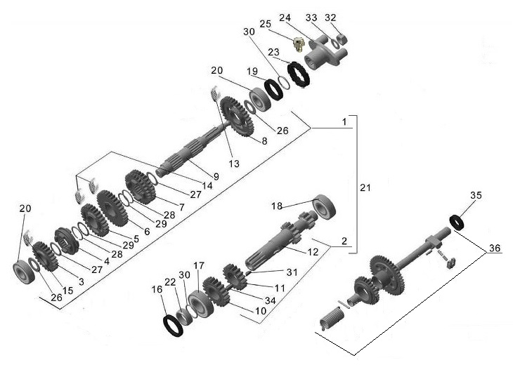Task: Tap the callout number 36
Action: pyautogui.click(x=495, y=248)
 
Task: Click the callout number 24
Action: pyautogui.click(x=285, y=17)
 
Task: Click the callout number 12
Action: pyautogui.click(x=294, y=252)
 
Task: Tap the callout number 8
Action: pyautogui.click(x=264, y=141)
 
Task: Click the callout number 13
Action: pyautogui.click(x=234, y=164)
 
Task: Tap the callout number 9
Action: pyautogui.click(x=216, y=175)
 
